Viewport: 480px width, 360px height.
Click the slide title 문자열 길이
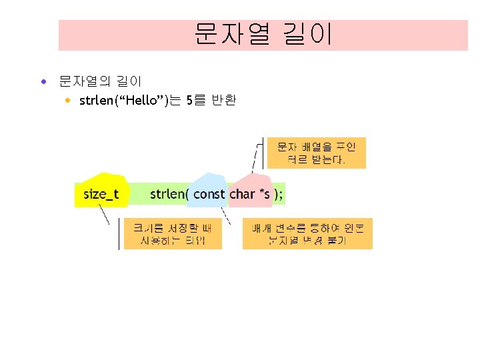[x=263, y=34]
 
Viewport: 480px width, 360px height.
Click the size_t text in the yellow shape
[x=101, y=194]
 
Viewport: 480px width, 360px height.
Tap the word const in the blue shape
[x=209, y=194]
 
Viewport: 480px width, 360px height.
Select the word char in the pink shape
[x=243, y=194]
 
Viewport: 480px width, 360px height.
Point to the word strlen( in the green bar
[x=170, y=194]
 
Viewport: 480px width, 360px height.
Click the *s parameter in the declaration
[x=265, y=194]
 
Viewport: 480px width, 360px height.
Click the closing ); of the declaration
[x=279, y=194]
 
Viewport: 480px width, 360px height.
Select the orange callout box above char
[x=316, y=153]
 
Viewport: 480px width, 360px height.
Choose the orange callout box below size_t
[x=173, y=233]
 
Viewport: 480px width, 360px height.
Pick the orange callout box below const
[x=307, y=233]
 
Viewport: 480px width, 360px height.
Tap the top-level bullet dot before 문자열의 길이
[x=43, y=83]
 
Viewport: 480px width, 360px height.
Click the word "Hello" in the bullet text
[x=136, y=101]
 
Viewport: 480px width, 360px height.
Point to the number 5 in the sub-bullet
[x=191, y=101]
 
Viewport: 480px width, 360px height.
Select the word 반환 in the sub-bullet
[x=223, y=101]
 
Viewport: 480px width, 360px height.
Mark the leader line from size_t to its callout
[x=105, y=215]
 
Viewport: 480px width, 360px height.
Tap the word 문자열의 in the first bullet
[x=83, y=83]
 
